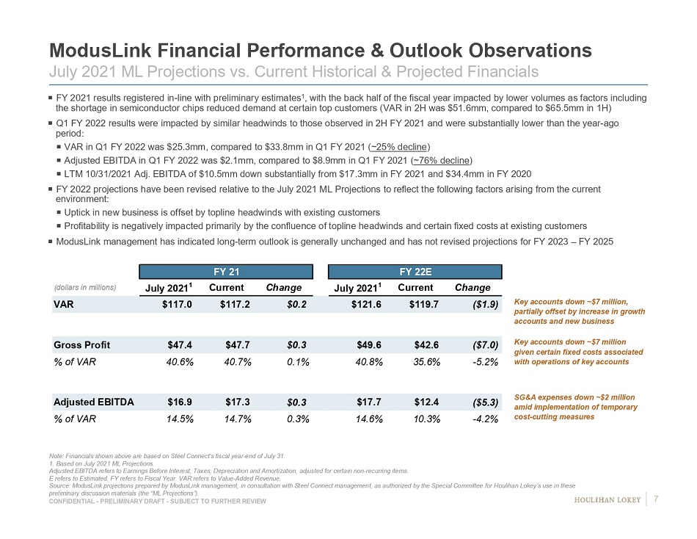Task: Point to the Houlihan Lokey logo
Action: point(607,500)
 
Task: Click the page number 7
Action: point(655,500)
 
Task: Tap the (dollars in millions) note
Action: point(84,287)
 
